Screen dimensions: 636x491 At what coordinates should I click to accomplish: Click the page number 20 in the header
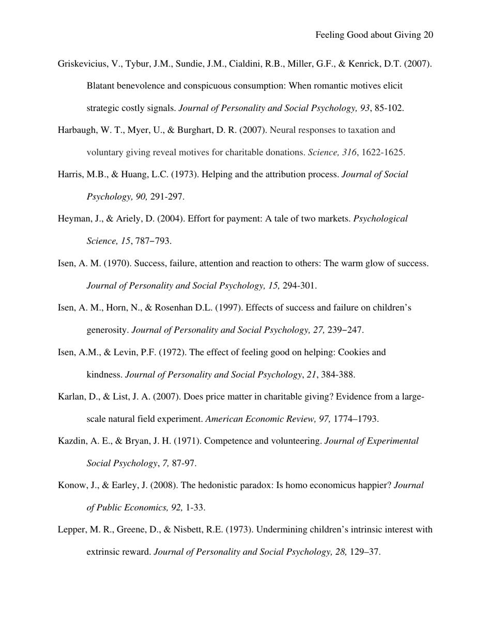click(427, 35)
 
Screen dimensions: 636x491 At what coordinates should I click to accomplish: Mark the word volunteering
click(297, 442)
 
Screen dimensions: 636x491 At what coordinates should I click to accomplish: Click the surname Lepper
click(71, 531)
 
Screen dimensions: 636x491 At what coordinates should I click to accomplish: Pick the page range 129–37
click(365, 553)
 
